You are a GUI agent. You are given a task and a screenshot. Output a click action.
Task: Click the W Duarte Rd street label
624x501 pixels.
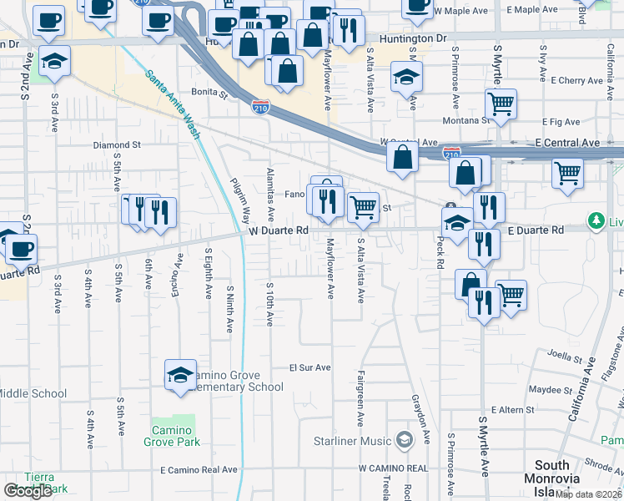pyautogui.click(x=279, y=230)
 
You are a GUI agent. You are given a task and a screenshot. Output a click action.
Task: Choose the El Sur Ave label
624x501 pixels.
pyautogui.click(x=310, y=367)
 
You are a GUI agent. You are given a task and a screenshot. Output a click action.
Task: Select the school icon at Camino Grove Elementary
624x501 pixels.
pyautogui.click(x=180, y=376)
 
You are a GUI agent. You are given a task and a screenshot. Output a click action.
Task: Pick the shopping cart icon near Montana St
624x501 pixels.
pyautogui.click(x=501, y=104)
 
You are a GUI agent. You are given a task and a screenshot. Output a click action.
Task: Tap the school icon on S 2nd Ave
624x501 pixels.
pyautogui.click(x=55, y=61)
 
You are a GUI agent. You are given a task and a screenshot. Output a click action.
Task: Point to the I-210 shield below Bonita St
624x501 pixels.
pyautogui.click(x=260, y=107)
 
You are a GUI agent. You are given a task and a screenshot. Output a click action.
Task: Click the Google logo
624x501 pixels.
pyautogui.click(x=28, y=491)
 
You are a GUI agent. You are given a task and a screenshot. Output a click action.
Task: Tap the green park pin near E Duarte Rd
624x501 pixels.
pyautogui.click(x=596, y=221)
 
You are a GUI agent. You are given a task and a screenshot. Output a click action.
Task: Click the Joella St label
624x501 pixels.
pyautogui.click(x=565, y=357)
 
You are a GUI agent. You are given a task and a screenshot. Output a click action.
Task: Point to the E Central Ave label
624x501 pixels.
pyautogui.click(x=567, y=143)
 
